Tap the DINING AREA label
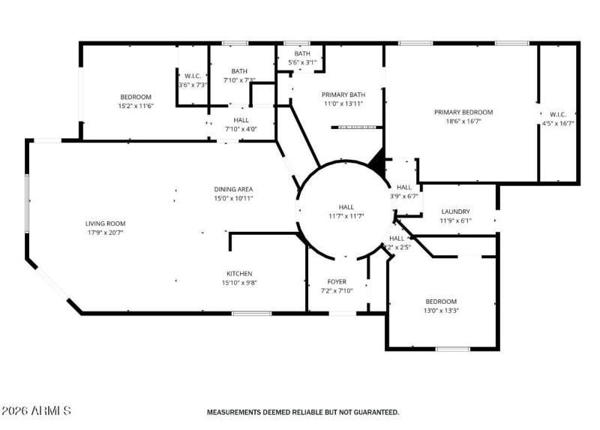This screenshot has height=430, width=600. (x=233, y=189)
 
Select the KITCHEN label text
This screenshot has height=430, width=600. (x=239, y=274)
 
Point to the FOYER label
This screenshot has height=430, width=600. (x=337, y=281)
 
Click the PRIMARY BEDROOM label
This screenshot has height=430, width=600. (x=463, y=112)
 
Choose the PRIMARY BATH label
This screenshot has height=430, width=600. (x=343, y=95)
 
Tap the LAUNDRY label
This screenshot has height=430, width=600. (x=455, y=212)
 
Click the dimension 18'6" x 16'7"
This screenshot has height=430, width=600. (x=463, y=121)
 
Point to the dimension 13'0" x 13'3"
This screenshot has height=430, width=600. (x=440, y=310)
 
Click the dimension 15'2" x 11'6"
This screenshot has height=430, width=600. (x=136, y=106)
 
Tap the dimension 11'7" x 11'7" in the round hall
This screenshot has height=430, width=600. (x=346, y=216)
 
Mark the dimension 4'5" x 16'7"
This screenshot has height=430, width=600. (x=558, y=124)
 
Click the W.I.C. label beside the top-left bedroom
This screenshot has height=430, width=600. (x=192, y=76)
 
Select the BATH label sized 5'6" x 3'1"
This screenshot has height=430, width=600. (x=302, y=53)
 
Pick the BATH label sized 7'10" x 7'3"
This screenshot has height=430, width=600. (x=239, y=71)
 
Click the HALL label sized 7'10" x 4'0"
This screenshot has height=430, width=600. (x=241, y=120)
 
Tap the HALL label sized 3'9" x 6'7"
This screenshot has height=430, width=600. (x=404, y=188)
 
